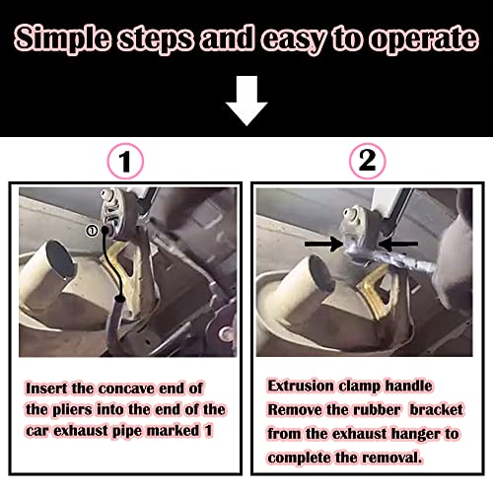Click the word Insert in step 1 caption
click(52, 388)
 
